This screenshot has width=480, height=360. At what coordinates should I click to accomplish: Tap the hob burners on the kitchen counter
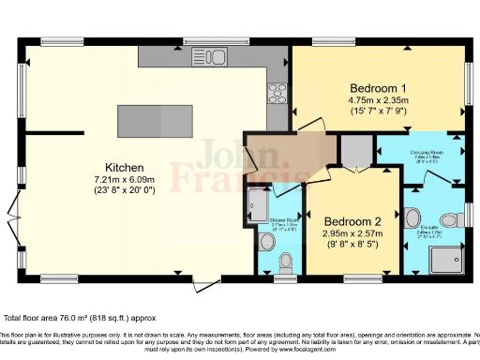278,92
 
